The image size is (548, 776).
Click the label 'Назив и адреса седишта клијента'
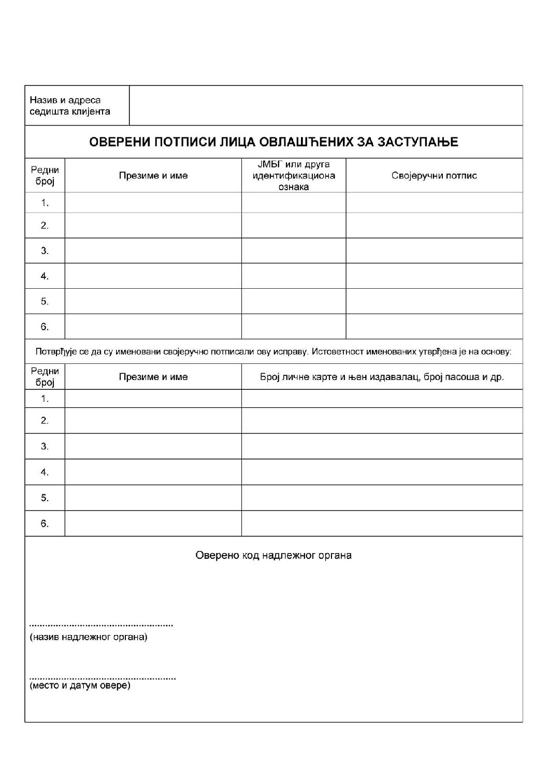pos(70,106)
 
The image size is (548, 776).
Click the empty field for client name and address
pos(325,106)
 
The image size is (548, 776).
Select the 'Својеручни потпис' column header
pos(434,176)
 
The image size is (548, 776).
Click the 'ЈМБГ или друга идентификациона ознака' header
pos(294,176)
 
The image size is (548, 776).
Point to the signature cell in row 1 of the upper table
pos(434,203)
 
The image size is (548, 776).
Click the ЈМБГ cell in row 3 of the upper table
pos(294,251)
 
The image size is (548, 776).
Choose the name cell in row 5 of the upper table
pos(153,301)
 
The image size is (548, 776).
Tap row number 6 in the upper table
pos(45,327)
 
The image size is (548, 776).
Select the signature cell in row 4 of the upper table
pos(434,276)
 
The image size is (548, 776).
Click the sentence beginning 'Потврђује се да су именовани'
pos(273,352)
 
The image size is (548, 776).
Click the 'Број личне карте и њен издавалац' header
pos(382,377)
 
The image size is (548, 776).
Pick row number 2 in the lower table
pos(45,420)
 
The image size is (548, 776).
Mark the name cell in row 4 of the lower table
pos(153,472)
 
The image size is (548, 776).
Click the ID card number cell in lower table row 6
pos(382,524)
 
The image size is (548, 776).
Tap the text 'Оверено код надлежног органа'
pos(273,556)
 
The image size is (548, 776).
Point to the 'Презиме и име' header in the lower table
pos(153,377)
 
